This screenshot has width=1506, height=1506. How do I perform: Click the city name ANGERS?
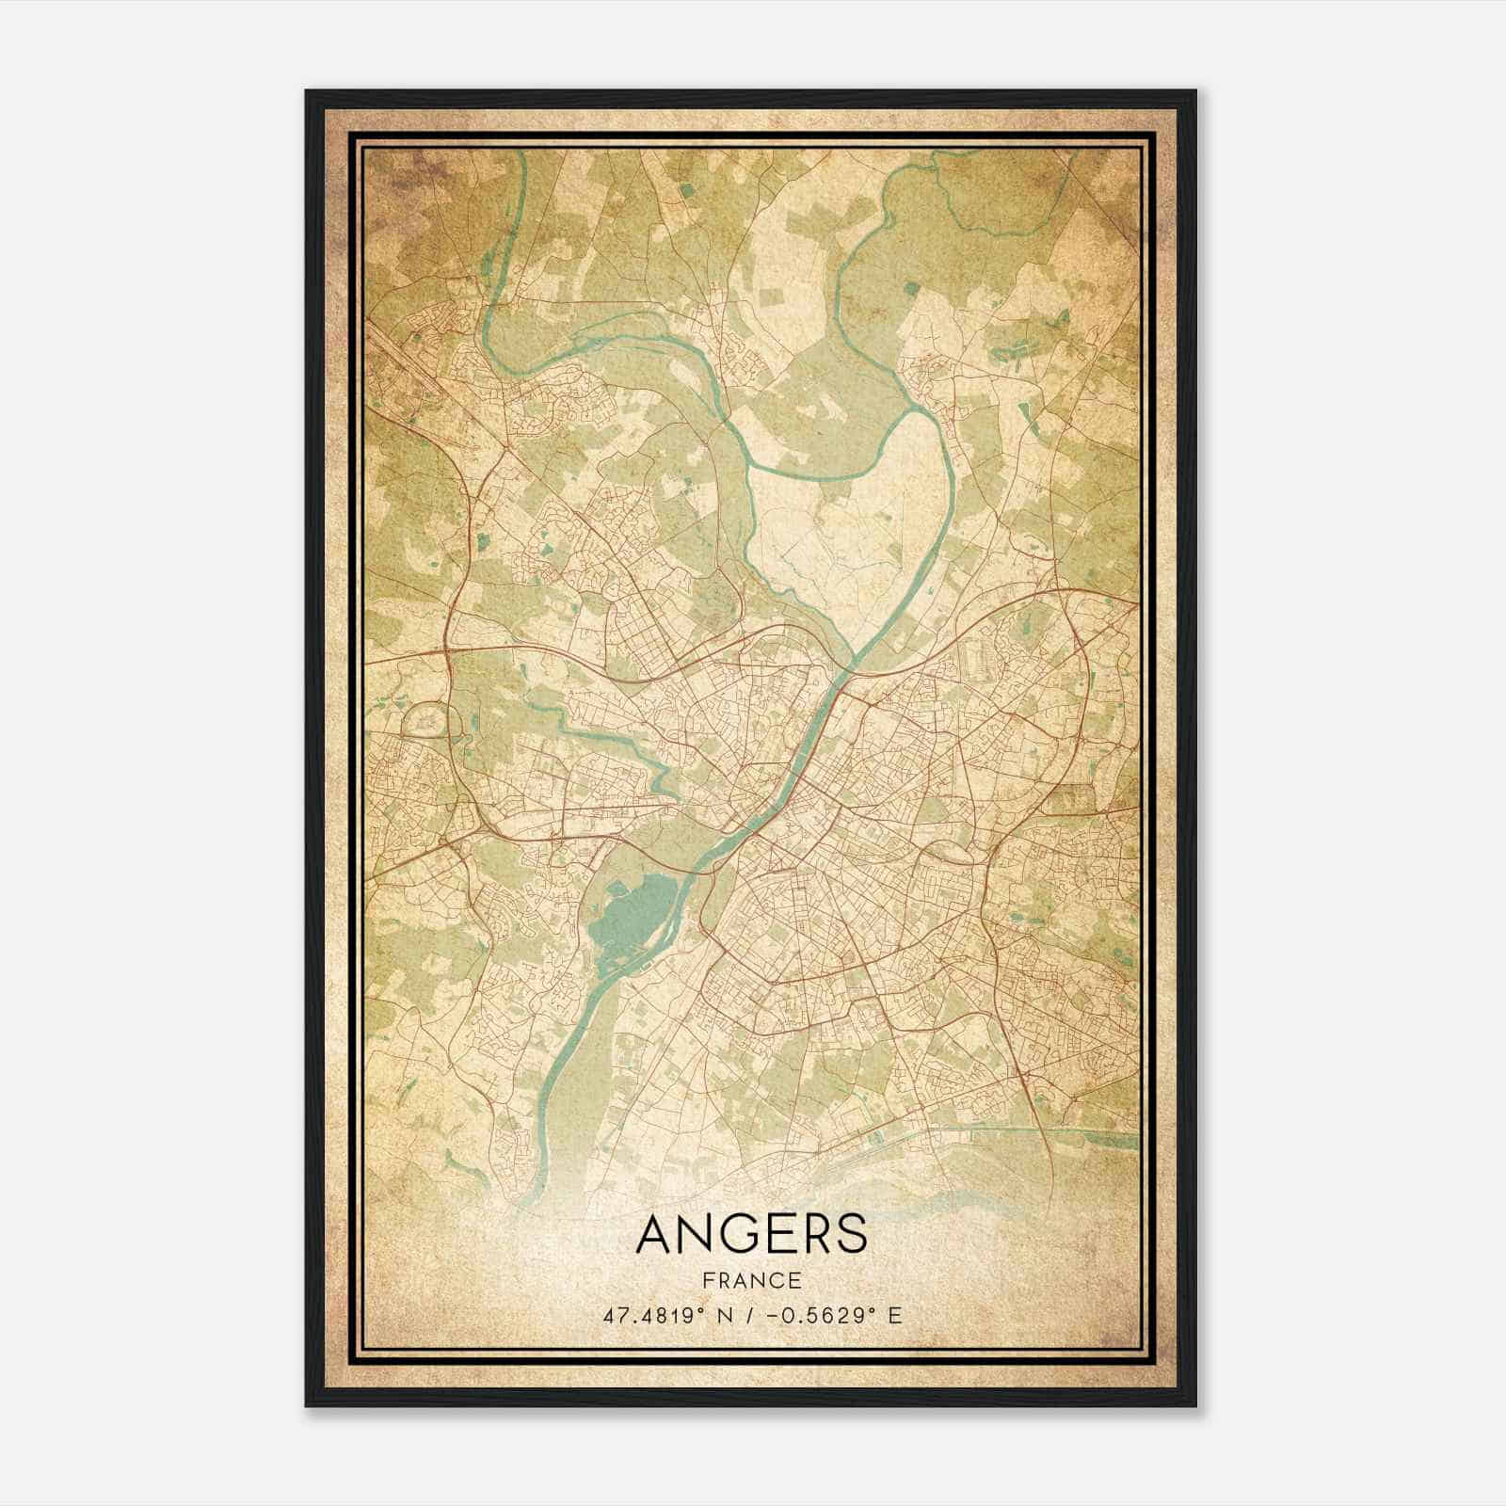[x=751, y=1235]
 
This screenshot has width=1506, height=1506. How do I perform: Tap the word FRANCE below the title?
[x=751, y=1280]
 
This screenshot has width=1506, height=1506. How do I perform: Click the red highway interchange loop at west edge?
[x=428, y=725]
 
